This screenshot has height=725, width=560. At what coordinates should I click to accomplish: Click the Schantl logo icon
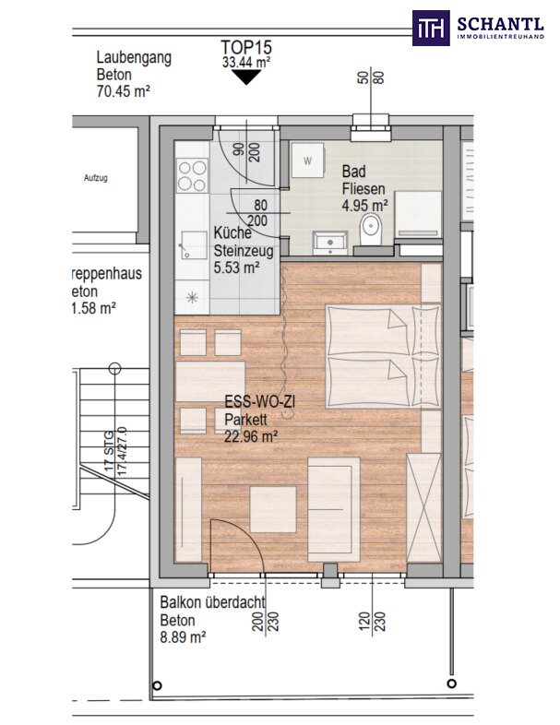coord(431,28)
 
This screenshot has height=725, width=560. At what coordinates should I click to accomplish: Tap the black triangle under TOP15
coord(246,77)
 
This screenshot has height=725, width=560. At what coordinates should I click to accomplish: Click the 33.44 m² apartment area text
coord(246,63)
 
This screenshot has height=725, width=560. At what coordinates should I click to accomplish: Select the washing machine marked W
coord(307,160)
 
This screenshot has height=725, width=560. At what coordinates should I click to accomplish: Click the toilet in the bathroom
coord(371,230)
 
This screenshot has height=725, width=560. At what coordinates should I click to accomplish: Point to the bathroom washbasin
coord(330,243)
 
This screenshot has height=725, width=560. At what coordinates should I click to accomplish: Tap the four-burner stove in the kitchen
coord(193,175)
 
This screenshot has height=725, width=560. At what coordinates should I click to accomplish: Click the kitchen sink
coord(194,245)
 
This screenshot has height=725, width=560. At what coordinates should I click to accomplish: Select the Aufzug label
coord(96,177)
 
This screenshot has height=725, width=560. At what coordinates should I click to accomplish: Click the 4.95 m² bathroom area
coord(364,206)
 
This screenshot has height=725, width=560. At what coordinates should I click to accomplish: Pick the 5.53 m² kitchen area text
coord(236,267)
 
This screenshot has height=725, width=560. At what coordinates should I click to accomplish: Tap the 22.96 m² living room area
coord(251,435)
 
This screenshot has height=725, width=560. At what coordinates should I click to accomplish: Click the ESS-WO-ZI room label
coord(259,402)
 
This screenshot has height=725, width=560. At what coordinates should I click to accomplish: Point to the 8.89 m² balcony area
coord(183,636)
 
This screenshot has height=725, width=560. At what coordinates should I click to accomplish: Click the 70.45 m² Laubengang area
coord(123,91)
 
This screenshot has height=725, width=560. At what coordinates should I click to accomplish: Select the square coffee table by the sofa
coord(273,509)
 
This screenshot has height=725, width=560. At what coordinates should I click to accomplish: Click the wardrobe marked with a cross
coord(423,507)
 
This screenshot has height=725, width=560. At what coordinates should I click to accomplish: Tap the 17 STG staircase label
coord(109,451)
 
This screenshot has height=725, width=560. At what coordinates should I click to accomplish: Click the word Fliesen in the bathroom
coord(363,189)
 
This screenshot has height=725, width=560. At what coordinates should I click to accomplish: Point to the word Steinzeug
coord(244,251)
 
